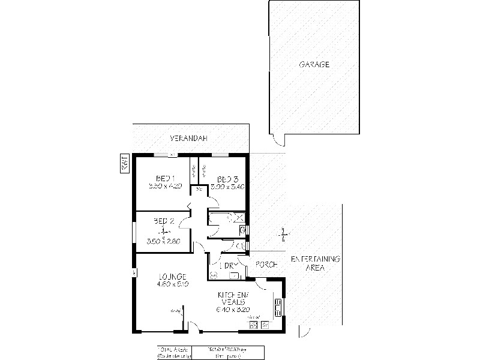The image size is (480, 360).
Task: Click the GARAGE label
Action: (314, 65)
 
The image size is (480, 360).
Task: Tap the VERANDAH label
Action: (188, 138)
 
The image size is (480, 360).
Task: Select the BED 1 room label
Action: (164, 178)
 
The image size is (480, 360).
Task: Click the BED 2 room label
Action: (163, 221)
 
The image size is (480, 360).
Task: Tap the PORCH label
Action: (265, 265)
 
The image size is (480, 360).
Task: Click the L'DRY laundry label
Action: (227, 265)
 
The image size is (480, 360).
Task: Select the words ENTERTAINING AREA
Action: (316, 263)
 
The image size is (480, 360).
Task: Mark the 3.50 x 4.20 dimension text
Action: (164, 187)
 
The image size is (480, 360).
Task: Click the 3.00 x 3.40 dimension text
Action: (227, 187)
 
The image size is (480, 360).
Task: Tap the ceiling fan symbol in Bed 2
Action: (161, 232)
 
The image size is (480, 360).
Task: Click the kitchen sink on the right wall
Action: (278, 308)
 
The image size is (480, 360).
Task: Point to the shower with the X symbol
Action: (238, 218)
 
